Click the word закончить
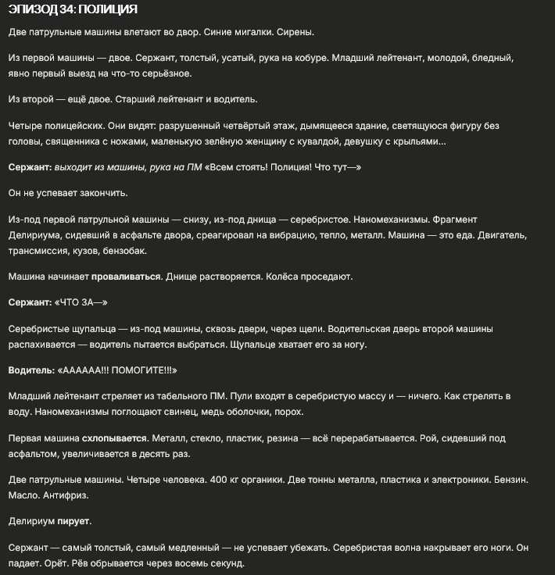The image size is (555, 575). coord(102,193)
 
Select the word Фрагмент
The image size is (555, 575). coord(451,220)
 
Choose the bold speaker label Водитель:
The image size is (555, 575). coord(30,370)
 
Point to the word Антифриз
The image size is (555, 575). coord(63,495)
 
